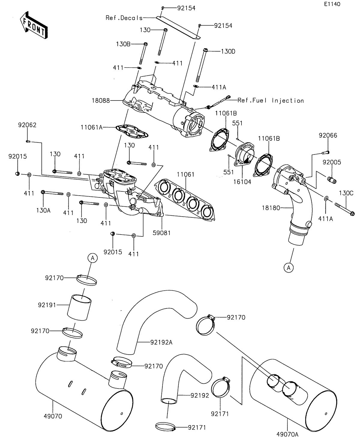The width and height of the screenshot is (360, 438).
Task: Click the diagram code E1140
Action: click(x=332, y=4)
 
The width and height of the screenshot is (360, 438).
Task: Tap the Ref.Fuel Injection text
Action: click(x=271, y=100)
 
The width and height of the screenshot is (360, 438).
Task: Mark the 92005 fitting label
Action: click(x=332, y=162)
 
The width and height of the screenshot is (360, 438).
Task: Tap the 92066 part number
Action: click(x=328, y=136)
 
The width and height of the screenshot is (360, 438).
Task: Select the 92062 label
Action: click(x=27, y=125)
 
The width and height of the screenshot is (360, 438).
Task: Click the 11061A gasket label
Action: click(x=91, y=127)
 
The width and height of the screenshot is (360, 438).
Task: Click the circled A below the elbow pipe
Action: click(x=289, y=268)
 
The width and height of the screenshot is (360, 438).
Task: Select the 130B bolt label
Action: click(x=123, y=44)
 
